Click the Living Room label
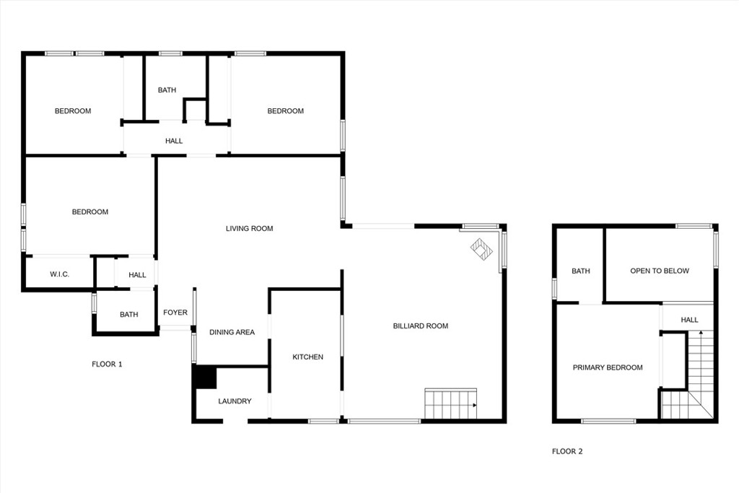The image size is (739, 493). point(249,229)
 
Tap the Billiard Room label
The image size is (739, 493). point(420,326)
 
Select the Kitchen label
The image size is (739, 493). point(307,357)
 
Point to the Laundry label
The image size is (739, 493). point(235,401)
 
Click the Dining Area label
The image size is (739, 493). point(232,333)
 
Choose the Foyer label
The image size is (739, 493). point(175,313)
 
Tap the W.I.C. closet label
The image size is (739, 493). point(59,275)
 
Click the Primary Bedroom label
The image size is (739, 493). point(608,367)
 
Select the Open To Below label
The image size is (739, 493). point(660,271)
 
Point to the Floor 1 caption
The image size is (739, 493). point(107,365)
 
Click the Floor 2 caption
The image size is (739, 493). point(567,452)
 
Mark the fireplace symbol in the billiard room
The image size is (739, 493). point(481,249)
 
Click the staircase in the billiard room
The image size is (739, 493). point(451,403)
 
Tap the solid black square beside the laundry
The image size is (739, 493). point(205,378)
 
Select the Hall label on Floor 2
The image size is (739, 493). point(689,320)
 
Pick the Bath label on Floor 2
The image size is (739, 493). point(580,271)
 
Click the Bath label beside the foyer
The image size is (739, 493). point(129,315)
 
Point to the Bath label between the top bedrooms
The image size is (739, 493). point(167,90)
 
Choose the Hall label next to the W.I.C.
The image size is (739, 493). point(137,275)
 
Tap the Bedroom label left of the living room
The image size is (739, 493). point(90,212)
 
